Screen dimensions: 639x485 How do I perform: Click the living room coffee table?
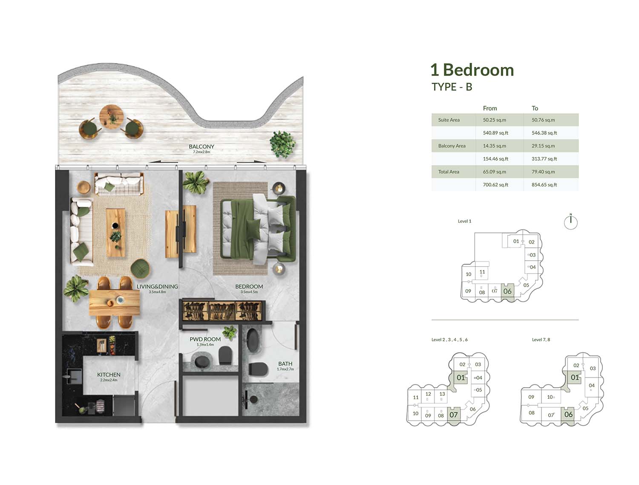click(x=115, y=232)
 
